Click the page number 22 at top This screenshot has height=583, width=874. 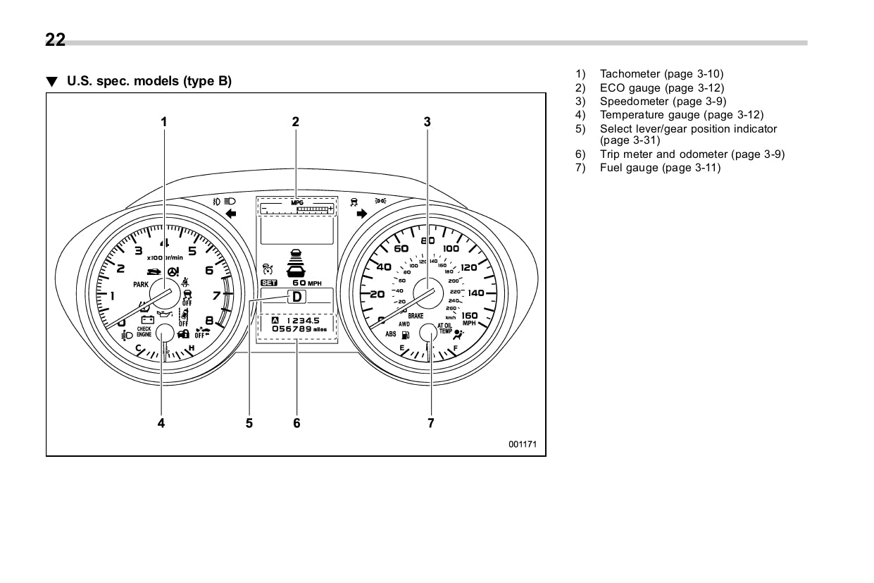[x=56, y=40]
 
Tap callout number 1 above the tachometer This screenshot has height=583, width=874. [x=164, y=121]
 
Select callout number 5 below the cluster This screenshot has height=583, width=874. [x=249, y=423]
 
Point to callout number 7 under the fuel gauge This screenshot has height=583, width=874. [x=430, y=423]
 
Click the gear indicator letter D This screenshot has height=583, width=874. [x=296, y=297]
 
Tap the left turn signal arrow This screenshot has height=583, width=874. [x=231, y=213]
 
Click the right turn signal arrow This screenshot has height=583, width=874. [x=363, y=213]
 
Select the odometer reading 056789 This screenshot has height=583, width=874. [x=292, y=329]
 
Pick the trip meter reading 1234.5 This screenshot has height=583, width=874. [x=303, y=320]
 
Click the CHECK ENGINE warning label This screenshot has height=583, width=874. [x=144, y=332]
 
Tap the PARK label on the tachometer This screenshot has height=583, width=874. [x=141, y=285]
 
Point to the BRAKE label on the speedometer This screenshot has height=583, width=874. [x=416, y=317]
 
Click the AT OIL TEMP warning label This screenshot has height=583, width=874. [x=445, y=328]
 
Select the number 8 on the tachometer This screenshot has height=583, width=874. [x=209, y=320]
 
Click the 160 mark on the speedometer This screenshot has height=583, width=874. [x=469, y=316]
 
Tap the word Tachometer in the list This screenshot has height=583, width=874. [x=630, y=73]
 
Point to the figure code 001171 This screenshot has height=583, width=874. [x=523, y=444]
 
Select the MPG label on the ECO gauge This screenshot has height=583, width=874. [x=296, y=202]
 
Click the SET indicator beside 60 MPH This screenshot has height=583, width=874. [x=268, y=283]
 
